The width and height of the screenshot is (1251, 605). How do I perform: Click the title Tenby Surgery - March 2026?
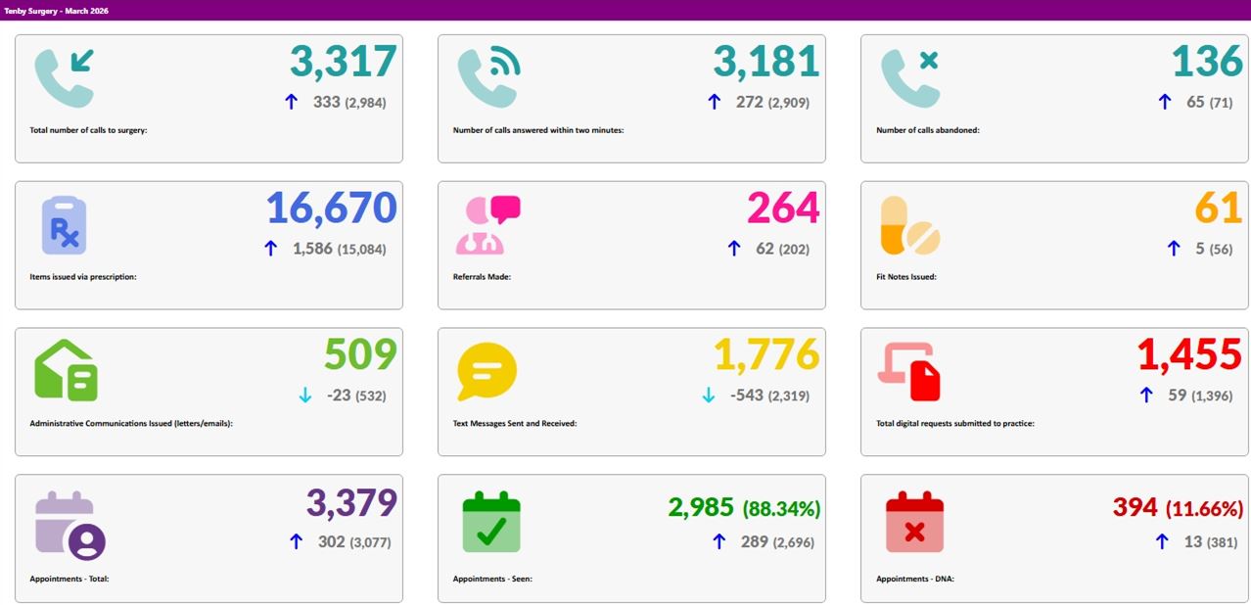point(56,11)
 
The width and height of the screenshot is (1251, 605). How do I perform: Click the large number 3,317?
point(344,62)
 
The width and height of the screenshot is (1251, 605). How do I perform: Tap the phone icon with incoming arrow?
point(65,78)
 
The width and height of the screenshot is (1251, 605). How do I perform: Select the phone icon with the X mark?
point(910,78)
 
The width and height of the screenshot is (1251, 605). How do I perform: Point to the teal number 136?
point(1207,61)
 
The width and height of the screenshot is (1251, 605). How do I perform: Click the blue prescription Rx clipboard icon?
point(65,225)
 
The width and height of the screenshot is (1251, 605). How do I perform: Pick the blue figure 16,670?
point(332,208)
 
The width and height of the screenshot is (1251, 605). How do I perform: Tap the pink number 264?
point(783,208)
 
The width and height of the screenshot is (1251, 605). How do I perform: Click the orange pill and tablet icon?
point(910,225)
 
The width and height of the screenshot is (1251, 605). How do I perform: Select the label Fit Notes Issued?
point(905,276)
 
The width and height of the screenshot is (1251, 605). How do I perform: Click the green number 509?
point(360,354)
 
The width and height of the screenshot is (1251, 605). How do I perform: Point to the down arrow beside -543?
point(708,396)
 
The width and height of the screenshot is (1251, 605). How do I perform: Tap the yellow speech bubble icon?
point(487,371)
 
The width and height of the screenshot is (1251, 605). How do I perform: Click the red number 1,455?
point(1189,354)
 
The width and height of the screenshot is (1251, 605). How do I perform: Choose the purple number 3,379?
point(351,503)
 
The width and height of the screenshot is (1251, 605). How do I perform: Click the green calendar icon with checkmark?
point(491,522)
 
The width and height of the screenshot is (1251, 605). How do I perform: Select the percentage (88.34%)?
point(781,509)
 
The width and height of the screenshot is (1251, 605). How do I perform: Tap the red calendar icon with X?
point(915,522)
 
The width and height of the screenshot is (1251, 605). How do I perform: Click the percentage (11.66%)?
point(1205,509)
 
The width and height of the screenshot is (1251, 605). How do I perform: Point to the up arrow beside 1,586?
point(271,249)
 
